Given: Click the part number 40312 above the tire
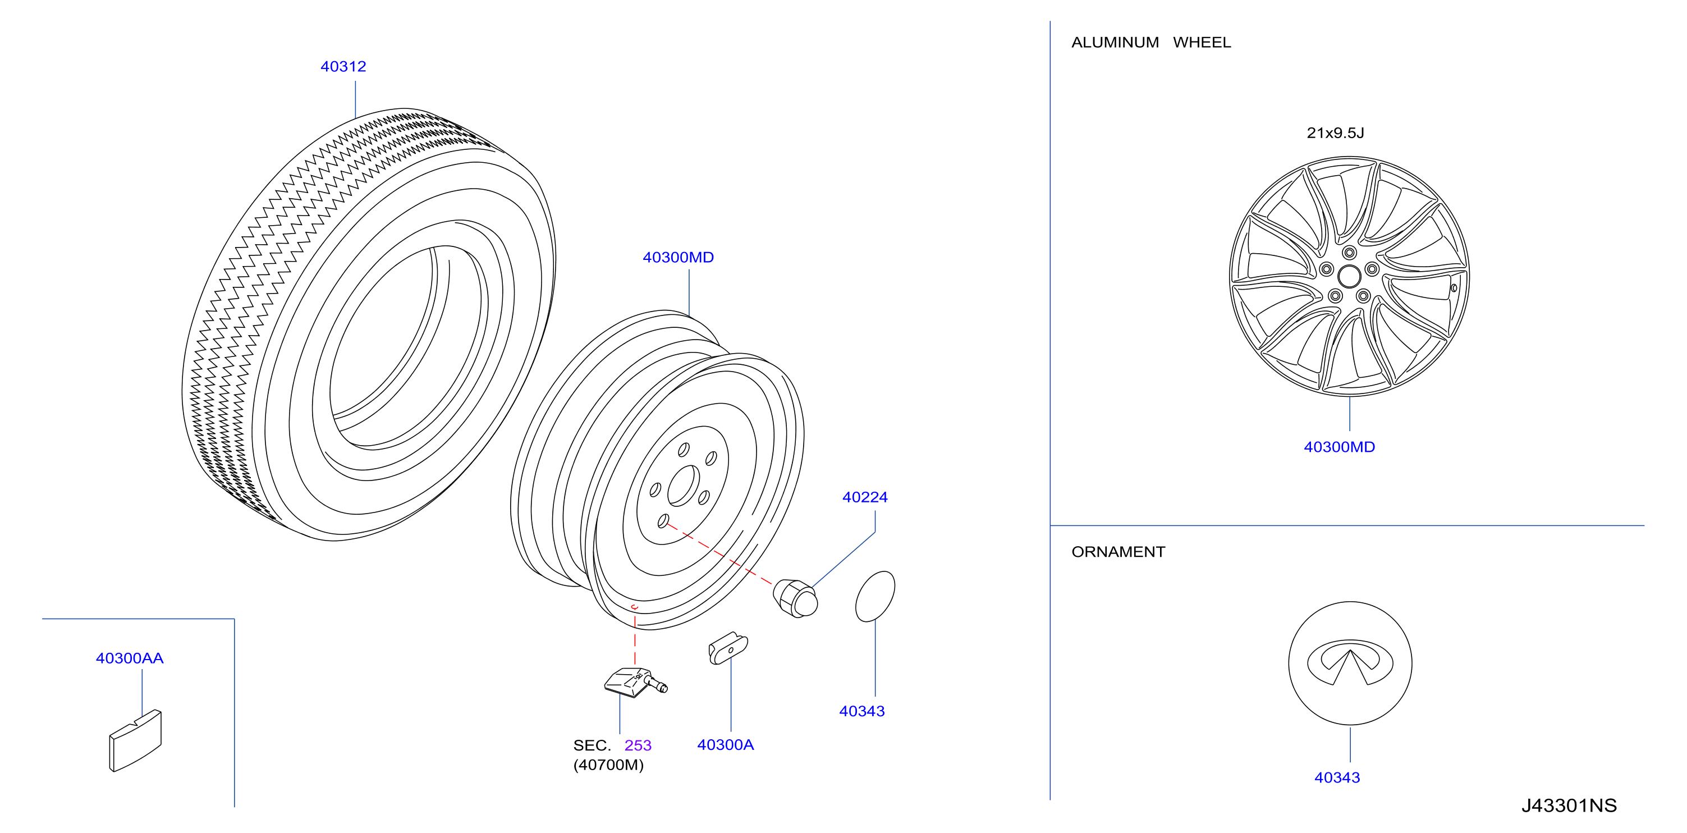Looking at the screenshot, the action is click(343, 66).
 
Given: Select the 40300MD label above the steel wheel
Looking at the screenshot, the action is click(678, 257).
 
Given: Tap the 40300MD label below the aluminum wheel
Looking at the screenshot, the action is click(1339, 447).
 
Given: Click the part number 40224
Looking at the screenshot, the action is click(864, 497).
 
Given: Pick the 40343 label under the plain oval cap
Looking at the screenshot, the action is click(862, 711).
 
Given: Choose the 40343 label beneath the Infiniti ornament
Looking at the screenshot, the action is click(1337, 777).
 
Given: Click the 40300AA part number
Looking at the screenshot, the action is click(130, 658).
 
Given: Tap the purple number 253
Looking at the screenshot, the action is click(638, 745).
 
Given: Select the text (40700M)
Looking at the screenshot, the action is click(608, 765).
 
